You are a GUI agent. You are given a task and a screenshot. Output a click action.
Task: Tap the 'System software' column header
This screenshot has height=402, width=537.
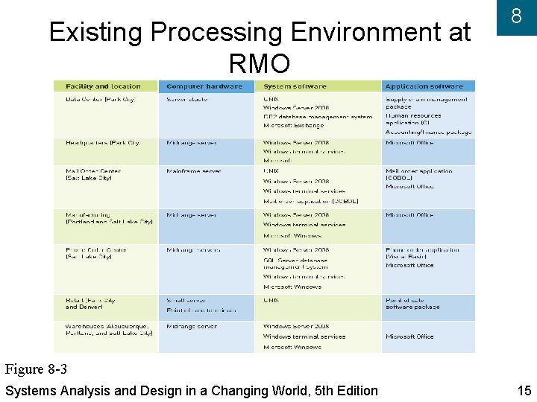tap(295, 86)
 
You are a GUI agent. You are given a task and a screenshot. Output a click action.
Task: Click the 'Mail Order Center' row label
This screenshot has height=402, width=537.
tap(92, 171)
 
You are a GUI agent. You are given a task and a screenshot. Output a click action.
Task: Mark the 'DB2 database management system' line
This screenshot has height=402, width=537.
tap(317, 116)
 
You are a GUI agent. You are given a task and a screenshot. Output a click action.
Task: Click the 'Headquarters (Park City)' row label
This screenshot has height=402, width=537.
tap(102, 143)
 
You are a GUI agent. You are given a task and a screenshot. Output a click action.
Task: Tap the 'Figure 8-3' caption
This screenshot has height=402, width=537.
tap(36, 369)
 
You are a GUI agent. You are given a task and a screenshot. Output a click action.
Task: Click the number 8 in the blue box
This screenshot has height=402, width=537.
tap(515, 16)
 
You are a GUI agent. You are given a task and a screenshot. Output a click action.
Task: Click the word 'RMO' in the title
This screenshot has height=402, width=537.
tap(260, 65)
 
